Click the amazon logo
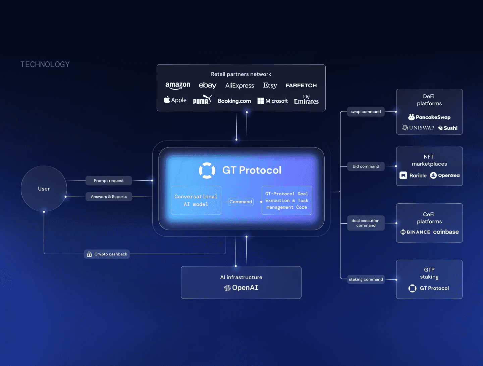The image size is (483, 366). [x=178, y=86]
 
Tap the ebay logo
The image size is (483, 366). [x=208, y=86]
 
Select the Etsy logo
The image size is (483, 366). [x=270, y=86]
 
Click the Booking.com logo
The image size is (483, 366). [x=234, y=101]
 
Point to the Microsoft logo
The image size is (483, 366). [x=273, y=101]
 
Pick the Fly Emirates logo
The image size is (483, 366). [x=306, y=100]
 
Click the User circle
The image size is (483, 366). [x=44, y=189]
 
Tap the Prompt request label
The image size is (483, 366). [x=109, y=181]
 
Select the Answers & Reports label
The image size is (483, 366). [x=109, y=197]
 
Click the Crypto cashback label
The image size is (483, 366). [x=107, y=254]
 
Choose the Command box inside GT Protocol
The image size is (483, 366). [x=241, y=202]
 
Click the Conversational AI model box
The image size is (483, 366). [x=196, y=201]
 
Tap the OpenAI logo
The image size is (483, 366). [x=241, y=288]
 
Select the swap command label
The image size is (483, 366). [x=366, y=112]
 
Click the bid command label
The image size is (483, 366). [x=366, y=166]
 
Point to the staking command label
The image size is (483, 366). [x=366, y=279]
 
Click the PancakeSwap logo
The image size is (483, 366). [x=429, y=117]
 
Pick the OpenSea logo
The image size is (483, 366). [x=445, y=175]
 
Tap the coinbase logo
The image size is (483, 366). [x=446, y=232]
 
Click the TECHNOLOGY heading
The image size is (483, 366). [x=45, y=64]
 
